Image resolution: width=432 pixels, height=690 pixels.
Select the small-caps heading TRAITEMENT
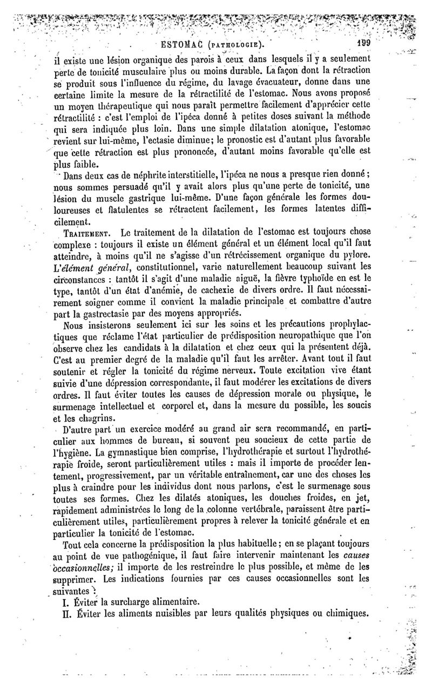87,232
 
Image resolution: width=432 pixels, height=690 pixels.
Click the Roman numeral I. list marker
67,601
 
